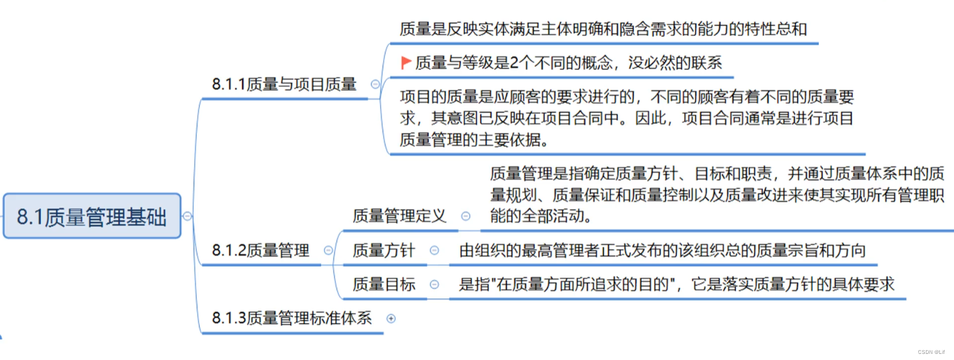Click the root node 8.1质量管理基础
(x=92, y=216)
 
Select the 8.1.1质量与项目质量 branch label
(x=284, y=85)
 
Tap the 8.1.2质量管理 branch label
(x=261, y=250)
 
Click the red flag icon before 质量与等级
(x=406, y=62)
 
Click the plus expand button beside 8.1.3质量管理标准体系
(x=391, y=318)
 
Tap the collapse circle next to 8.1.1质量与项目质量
(x=375, y=85)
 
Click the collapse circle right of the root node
(x=188, y=216)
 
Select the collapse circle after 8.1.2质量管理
(x=328, y=250)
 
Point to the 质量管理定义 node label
(x=400, y=216)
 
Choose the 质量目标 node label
(x=384, y=284)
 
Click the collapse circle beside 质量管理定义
(x=466, y=216)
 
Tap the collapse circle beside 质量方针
(x=434, y=250)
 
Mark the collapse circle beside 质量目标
(x=434, y=284)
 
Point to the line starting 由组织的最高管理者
(x=662, y=250)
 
